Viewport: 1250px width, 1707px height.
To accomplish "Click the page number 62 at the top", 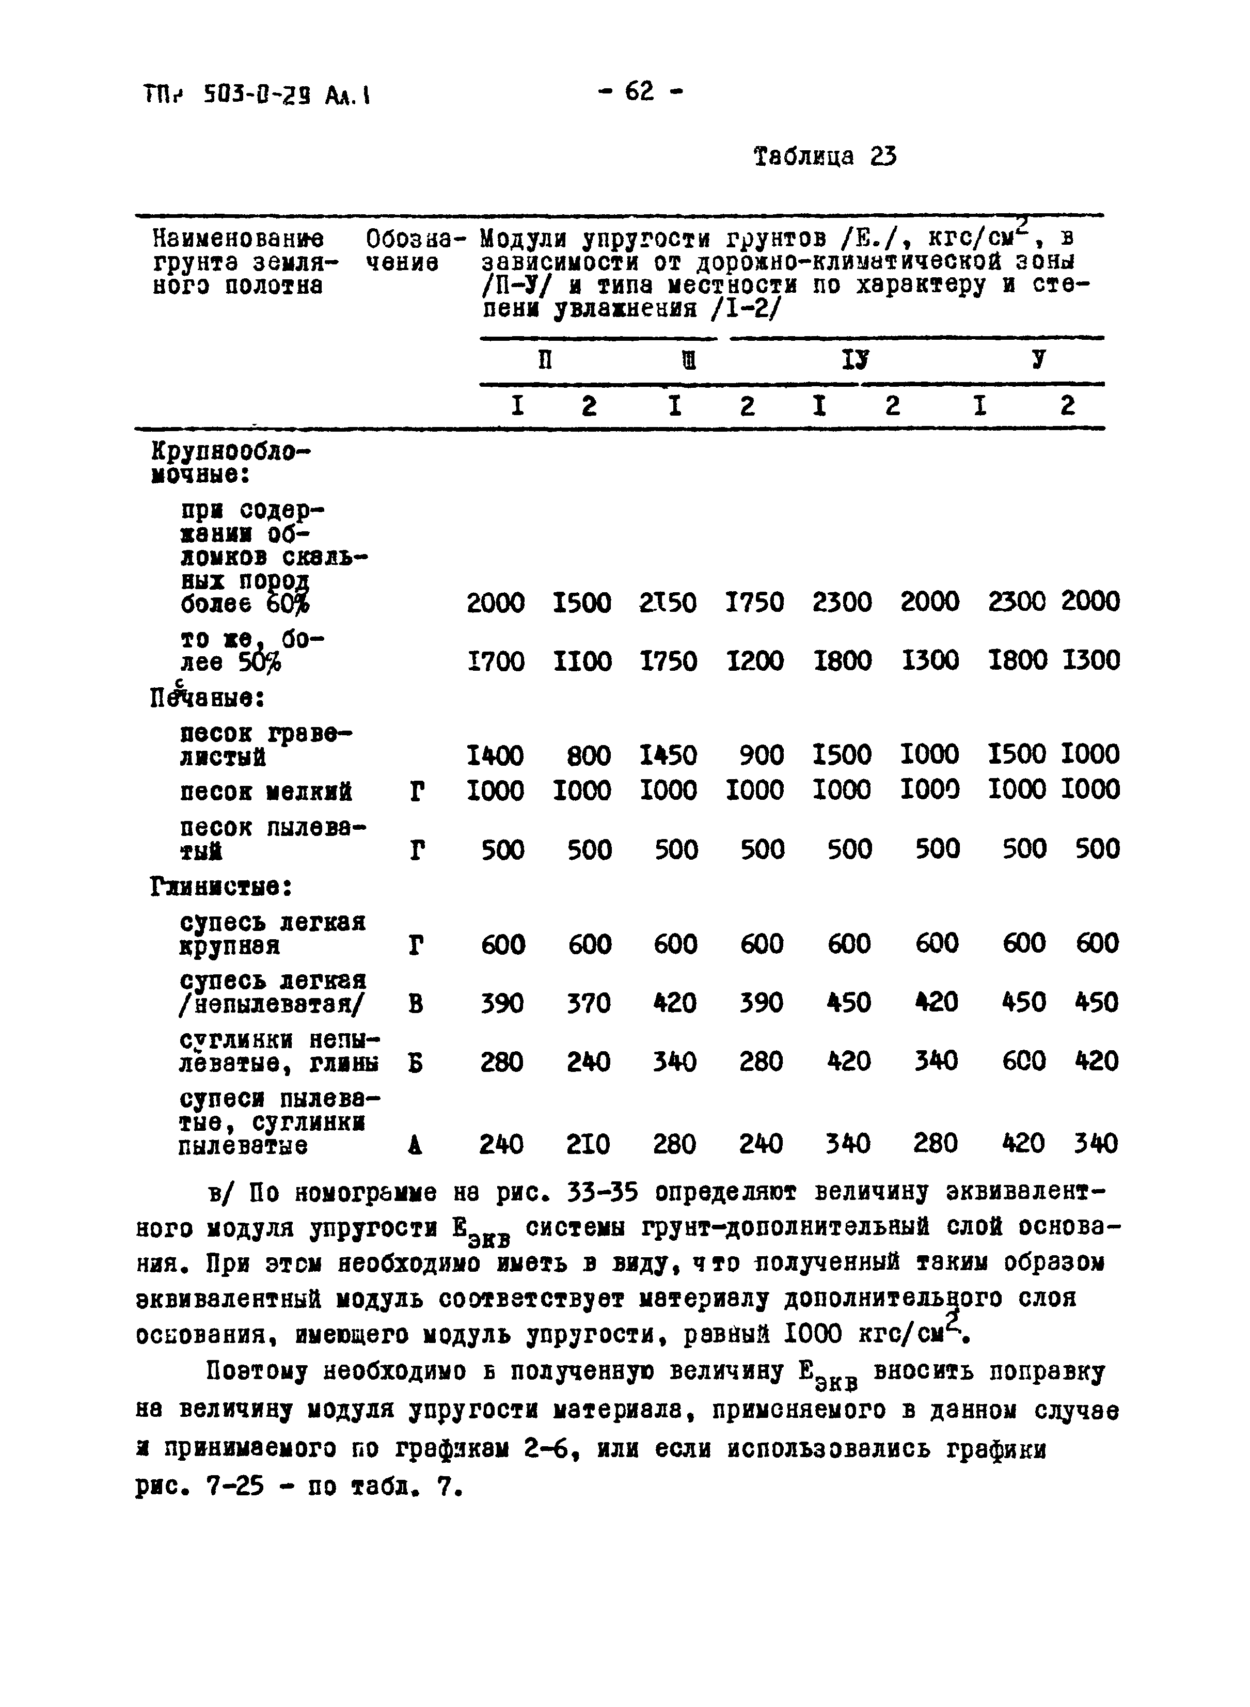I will tap(639, 92).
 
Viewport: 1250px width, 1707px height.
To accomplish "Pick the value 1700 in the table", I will tap(496, 661).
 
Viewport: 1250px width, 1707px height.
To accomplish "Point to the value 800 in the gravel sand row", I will tap(589, 755).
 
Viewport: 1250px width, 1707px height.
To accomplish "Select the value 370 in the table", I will tap(589, 1003).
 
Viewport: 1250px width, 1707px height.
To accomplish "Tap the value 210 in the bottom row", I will tap(588, 1144).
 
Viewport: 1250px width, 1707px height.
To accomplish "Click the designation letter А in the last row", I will tap(415, 1146).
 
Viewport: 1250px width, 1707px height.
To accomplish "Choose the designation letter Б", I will tap(415, 1063).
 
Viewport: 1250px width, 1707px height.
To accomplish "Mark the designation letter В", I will tap(415, 1004).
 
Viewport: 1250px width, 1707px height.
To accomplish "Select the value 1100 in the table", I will tap(582, 661).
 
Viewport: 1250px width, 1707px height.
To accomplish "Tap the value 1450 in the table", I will tap(668, 755).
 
